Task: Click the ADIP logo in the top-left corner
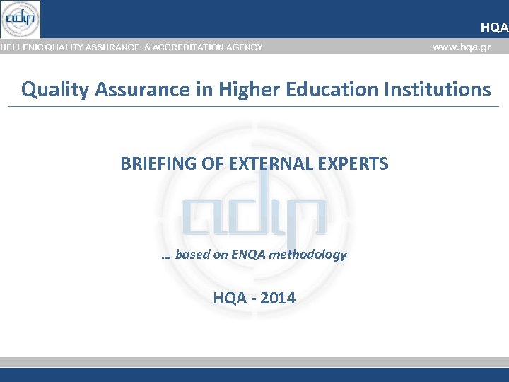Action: (21, 19)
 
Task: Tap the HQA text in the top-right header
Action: (493, 28)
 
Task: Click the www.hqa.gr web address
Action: (461, 47)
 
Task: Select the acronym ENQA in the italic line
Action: (250, 255)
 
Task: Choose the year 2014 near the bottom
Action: (278, 298)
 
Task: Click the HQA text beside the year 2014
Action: (229, 298)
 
